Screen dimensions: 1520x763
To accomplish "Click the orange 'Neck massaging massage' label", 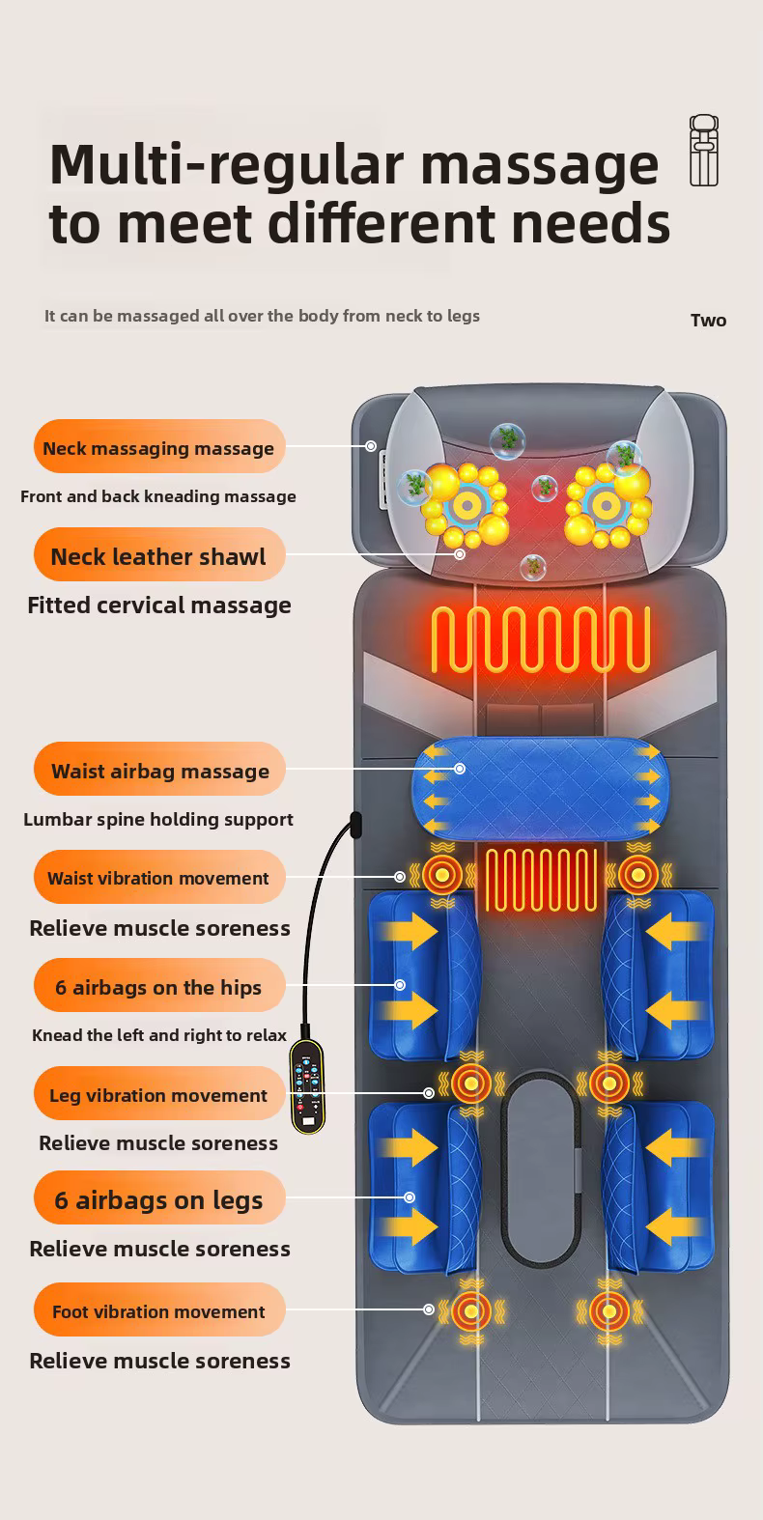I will point(159,447).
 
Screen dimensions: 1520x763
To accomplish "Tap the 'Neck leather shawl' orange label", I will point(159,555).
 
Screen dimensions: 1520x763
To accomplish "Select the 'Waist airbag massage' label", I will point(160,770).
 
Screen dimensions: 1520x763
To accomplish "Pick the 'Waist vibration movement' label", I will point(159,878).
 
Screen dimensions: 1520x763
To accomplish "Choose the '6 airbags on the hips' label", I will point(159,986).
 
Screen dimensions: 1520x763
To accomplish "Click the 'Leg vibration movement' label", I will point(159,1094).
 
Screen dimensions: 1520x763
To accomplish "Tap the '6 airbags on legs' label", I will point(159,1199).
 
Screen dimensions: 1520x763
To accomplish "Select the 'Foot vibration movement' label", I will point(159,1310).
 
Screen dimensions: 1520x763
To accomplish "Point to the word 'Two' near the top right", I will point(708,321).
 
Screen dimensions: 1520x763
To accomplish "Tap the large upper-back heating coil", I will point(540,639).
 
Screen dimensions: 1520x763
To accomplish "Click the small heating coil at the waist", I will point(540,879).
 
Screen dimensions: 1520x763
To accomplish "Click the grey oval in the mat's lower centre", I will point(540,1168).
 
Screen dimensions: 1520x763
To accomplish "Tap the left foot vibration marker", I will point(471,1311).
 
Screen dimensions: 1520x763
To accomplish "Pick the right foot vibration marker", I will point(609,1311).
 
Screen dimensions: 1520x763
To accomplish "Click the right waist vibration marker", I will point(637,875).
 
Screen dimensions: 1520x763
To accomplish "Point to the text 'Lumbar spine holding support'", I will point(158,819).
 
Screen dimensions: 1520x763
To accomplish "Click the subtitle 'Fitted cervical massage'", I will point(159,605).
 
